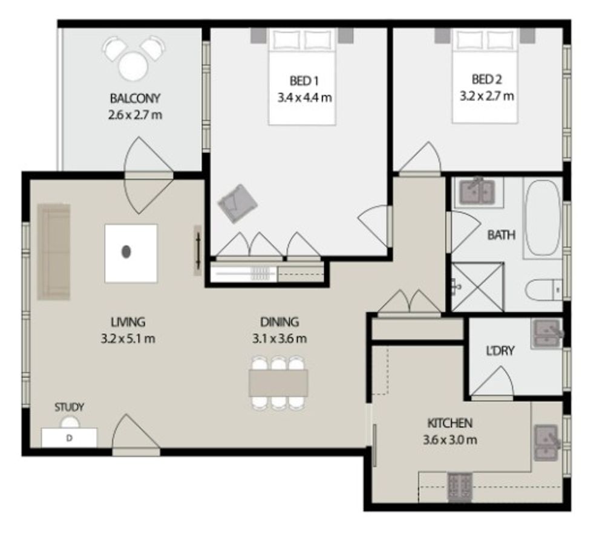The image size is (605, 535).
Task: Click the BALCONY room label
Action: (135, 99)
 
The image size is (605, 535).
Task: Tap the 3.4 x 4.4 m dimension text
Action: (304, 97)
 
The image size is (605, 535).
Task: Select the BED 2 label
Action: (487, 79)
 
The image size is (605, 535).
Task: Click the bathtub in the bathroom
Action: (542, 218)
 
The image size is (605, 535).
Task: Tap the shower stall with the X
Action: (478, 287)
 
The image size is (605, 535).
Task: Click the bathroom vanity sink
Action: (477, 191)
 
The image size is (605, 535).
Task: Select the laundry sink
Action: (546, 333)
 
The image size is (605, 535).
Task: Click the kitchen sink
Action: (546, 443)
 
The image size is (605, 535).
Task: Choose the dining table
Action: (278, 383)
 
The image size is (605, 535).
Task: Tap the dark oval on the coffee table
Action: (126, 251)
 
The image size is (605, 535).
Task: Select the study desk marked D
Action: (69, 438)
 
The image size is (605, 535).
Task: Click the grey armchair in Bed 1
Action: (237, 204)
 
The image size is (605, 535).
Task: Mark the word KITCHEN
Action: (450, 423)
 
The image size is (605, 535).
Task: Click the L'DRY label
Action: (500, 351)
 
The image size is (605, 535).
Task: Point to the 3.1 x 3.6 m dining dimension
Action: (280, 339)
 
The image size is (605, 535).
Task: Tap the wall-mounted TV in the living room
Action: (198, 250)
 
